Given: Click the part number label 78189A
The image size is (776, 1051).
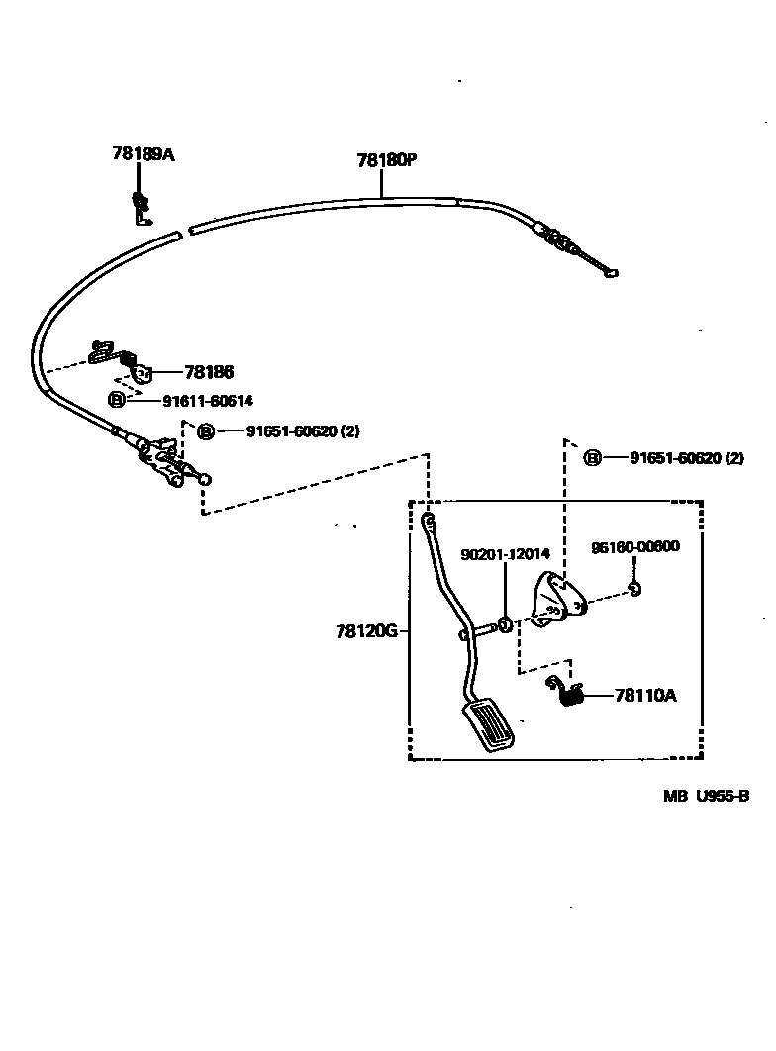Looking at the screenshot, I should click(143, 154).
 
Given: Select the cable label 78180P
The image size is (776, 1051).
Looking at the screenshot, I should click(386, 160).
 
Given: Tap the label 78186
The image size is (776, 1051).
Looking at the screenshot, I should click(208, 373).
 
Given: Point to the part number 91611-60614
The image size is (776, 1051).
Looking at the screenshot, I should click(208, 400).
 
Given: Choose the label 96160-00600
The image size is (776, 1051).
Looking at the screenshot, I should click(635, 547).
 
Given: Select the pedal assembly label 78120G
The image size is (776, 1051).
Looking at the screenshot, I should click(366, 629).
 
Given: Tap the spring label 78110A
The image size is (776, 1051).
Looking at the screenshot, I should click(645, 696).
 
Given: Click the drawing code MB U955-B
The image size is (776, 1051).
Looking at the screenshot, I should click(706, 795).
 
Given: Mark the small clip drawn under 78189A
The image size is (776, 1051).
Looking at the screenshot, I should click(142, 209).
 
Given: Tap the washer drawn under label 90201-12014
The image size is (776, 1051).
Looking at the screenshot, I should click(504, 624).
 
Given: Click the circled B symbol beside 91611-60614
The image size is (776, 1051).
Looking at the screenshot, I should click(117, 400).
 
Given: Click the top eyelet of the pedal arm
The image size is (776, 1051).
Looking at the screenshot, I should click(428, 520).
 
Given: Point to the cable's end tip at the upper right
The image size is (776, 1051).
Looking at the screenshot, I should click(614, 273).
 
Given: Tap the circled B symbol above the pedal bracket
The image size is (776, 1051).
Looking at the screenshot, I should click(592, 458).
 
